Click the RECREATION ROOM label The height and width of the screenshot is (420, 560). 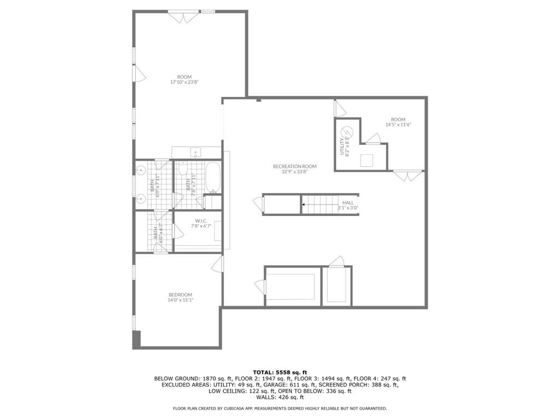coord(295,166)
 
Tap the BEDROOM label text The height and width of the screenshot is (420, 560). coord(180,295)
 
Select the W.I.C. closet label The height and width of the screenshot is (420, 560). coord(201,221)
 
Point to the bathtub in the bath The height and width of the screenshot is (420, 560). coord(213,178)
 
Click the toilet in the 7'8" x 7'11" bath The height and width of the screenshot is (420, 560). coord(183,168)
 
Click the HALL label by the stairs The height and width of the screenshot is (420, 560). coord(348,202)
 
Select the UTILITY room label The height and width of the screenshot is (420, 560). coord(342,147)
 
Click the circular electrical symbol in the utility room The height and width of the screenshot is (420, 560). coord(347,132)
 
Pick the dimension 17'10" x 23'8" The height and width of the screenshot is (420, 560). coord(184,82)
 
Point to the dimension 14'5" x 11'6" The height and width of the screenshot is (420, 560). coord(398,125)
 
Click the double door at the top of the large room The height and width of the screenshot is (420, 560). coord(184,16)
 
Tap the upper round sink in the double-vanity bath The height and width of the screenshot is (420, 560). coord(141,171)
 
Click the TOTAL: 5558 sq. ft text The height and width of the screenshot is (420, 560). coord(280,372)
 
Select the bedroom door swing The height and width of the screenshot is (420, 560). coord(217,264)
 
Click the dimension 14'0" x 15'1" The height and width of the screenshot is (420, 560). coord(180,300)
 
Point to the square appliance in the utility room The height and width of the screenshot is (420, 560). coord(366,160)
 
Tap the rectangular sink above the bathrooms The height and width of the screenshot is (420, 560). coord(196,152)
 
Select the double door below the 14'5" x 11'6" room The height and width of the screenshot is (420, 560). coord(407,176)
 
